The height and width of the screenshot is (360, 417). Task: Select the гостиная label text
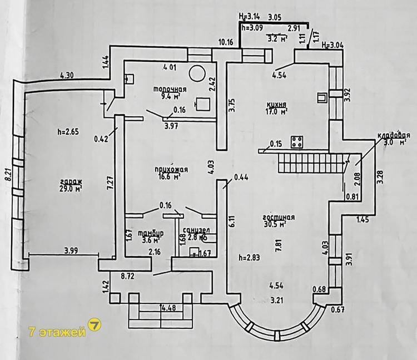click(280, 218)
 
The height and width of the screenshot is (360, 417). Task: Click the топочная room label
click(170, 89)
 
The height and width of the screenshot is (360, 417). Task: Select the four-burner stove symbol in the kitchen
click(297, 143)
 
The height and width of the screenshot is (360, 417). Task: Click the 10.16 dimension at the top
click(225, 42)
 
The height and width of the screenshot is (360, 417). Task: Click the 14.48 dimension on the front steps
click(168, 307)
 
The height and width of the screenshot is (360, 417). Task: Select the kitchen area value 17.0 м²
click(276, 112)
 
